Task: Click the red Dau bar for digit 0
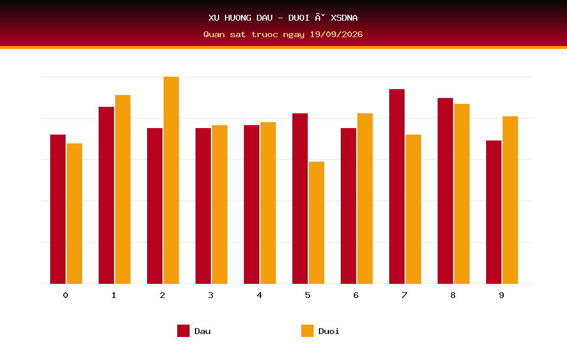point(58,209)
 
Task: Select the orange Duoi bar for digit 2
point(171,180)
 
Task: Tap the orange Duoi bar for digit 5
point(317,222)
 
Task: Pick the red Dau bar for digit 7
point(397,186)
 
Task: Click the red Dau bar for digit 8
point(445,191)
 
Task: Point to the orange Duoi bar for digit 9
point(510,200)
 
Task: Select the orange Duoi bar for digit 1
point(123,189)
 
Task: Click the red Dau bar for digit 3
point(203,205)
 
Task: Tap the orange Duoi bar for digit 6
point(365,198)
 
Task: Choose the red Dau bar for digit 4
point(252,204)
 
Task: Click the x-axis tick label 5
point(307,295)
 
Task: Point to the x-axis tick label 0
point(66,295)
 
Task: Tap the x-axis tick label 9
point(501,295)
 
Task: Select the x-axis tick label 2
point(162,295)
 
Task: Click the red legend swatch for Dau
point(183,330)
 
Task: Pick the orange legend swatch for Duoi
point(307,330)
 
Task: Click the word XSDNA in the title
point(344,18)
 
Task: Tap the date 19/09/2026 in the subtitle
point(336,34)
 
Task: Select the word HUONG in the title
point(238,18)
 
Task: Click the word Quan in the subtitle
point(214,34)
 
